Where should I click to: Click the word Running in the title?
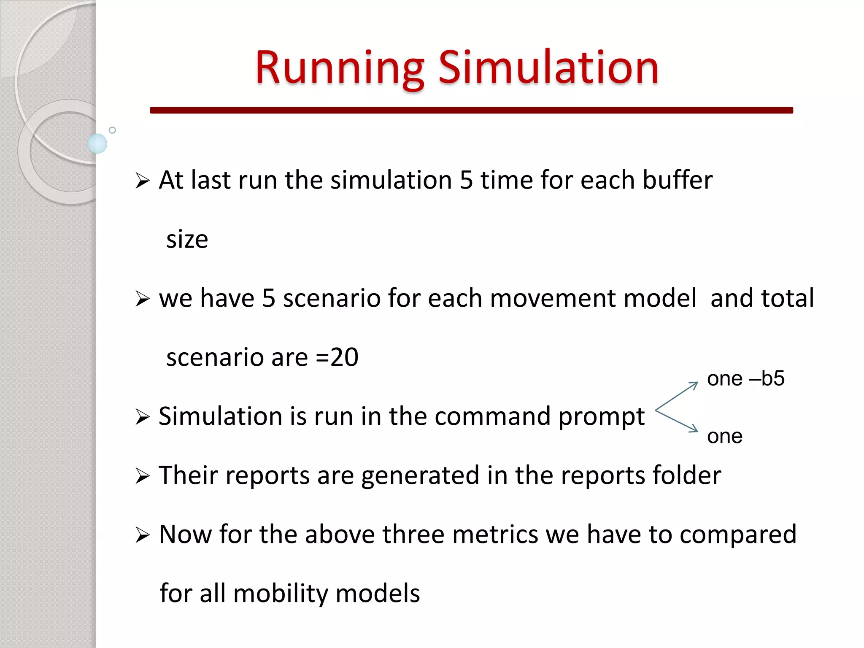340,68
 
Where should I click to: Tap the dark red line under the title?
471,110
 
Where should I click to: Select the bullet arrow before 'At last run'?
143,181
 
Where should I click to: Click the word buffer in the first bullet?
677,181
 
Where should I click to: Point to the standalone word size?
187,240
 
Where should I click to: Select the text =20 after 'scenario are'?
337,358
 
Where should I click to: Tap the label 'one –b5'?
745,378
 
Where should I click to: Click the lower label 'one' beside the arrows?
724,436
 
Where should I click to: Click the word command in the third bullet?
492,417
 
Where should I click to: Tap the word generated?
420,476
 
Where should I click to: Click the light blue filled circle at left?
97,143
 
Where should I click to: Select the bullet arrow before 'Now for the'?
143,536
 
